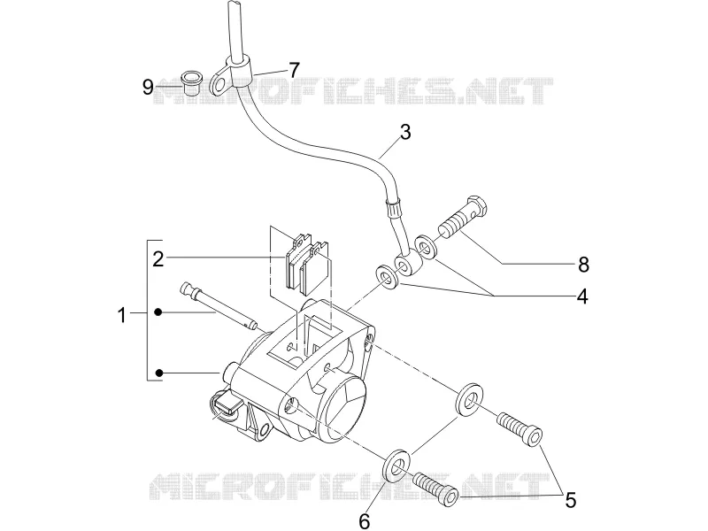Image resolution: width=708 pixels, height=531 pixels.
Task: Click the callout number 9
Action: [148, 86]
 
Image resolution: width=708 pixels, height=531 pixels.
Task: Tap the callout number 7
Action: [294, 70]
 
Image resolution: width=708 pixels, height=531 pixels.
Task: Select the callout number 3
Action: [405, 132]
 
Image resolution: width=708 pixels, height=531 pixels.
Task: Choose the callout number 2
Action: [158, 259]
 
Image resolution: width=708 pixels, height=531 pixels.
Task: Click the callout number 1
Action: [121, 315]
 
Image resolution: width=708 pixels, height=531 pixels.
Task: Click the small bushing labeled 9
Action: [190, 82]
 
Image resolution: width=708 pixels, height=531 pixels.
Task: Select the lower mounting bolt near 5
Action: [436, 486]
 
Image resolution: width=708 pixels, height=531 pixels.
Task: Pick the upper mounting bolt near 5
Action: [519, 427]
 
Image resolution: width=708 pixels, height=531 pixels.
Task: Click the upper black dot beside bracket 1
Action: [158, 312]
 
